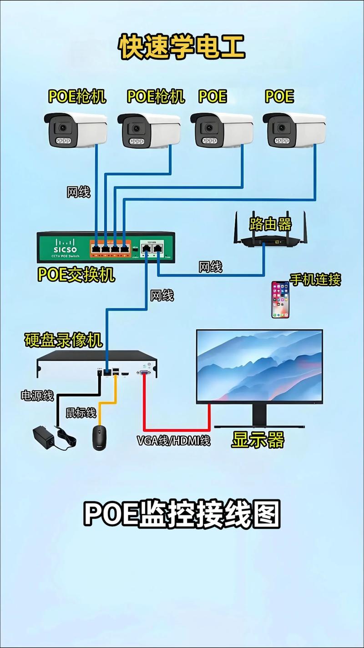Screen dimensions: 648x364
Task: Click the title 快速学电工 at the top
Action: click(182, 47)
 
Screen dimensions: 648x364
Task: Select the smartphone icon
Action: click(280, 299)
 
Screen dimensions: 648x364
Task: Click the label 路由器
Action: click(270, 224)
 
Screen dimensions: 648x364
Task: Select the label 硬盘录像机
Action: click(63, 340)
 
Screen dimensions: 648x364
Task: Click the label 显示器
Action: click(258, 440)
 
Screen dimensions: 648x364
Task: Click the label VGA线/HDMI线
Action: click(173, 440)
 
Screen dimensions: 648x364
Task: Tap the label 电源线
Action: click(37, 395)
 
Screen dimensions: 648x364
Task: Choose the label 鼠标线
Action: click(81, 412)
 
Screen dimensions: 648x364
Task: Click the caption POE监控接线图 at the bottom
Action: click(182, 514)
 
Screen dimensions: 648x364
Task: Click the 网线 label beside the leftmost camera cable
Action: click(78, 192)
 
